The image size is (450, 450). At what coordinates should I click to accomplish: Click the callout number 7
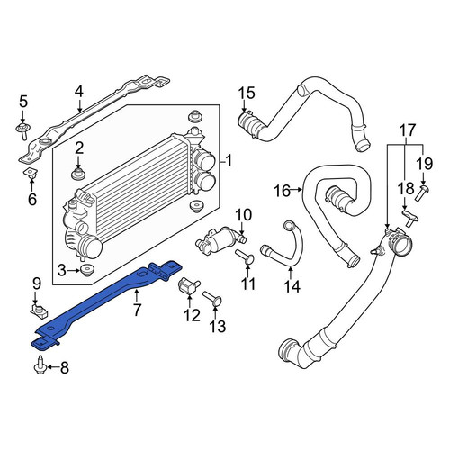[x=137, y=310]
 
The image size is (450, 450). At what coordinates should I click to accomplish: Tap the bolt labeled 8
[x=40, y=364]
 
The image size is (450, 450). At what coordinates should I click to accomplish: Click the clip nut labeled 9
[x=40, y=310]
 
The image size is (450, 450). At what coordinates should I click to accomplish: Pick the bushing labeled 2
[x=78, y=174]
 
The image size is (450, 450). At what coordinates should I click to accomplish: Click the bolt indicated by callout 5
[x=22, y=130]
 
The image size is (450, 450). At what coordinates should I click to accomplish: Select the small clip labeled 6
[x=31, y=174]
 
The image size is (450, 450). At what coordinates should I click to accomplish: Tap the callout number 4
[x=79, y=92]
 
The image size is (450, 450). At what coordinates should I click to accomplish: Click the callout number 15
[x=247, y=93]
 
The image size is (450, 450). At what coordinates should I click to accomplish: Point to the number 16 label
[x=283, y=191]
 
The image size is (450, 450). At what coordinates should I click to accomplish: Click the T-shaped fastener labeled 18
[x=410, y=218]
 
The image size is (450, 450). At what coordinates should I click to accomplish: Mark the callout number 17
[x=408, y=130]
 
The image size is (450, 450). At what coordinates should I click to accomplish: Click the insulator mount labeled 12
[x=190, y=285]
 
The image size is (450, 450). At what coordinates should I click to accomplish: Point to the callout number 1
[x=229, y=161]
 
